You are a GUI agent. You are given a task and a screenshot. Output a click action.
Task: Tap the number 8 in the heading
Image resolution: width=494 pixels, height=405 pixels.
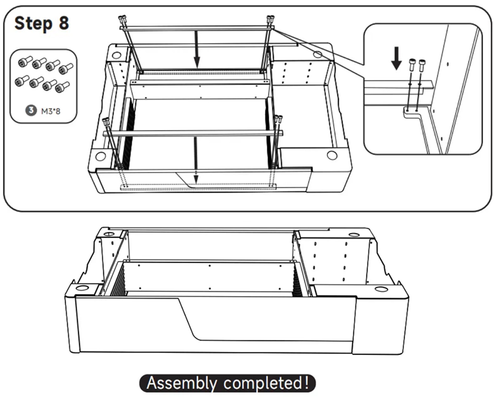coord(64,23)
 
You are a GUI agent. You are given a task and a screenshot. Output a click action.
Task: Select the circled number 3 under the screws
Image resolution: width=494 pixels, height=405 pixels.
coord(31,111)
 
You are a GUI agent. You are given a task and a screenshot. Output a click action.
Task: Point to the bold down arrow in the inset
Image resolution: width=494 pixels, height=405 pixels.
coord(396,58)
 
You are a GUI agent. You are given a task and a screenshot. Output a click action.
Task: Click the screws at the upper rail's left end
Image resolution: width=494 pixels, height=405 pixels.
coord(122,21)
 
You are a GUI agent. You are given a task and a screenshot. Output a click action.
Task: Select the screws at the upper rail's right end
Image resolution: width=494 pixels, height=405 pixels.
coord(270,21)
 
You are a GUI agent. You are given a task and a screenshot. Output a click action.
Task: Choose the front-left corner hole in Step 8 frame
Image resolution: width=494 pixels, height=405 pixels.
coord(101,156)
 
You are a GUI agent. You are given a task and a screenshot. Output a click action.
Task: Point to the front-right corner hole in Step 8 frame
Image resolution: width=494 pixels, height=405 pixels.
coord(332,155)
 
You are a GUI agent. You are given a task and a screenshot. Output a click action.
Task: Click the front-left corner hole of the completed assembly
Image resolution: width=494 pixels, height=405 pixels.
coord(82,287)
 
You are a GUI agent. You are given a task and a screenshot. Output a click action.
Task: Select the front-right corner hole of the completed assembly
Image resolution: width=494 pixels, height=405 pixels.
coord(381,289)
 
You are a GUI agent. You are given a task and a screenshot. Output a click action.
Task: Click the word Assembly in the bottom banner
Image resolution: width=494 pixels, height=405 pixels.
coord(181,383)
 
